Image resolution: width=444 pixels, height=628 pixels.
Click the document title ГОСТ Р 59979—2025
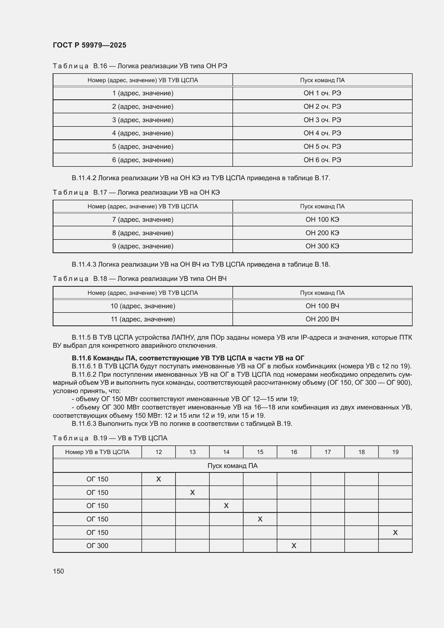click(x=89, y=45)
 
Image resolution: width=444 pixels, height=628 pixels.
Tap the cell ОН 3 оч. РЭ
click(x=322, y=120)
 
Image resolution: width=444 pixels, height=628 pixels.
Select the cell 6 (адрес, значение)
click(x=143, y=160)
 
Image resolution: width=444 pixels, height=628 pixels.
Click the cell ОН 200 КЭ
click(x=322, y=233)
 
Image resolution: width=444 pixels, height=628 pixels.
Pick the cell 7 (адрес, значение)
click(x=143, y=220)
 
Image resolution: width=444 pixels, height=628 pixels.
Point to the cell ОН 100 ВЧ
click(x=322, y=306)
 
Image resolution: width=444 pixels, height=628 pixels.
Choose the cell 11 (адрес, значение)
click(x=143, y=319)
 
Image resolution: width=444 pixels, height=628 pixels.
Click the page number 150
click(x=58, y=571)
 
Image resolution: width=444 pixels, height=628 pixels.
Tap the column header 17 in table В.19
click(x=327, y=452)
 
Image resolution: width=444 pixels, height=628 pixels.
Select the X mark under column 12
click(x=159, y=479)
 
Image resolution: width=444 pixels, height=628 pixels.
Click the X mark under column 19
click(x=395, y=532)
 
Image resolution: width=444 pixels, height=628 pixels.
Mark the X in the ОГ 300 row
click(x=294, y=546)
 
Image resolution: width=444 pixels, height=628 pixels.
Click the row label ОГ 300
click(x=97, y=546)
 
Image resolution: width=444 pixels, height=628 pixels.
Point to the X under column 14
click(x=226, y=506)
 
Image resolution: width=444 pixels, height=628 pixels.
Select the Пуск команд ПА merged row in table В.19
click(x=232, y=466)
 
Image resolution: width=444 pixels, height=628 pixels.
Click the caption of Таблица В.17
click(x=136, y=193)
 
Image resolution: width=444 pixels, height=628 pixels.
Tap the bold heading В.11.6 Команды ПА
click(x=188, y=358)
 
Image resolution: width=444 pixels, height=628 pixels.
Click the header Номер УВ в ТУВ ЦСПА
click(x=97, y=452)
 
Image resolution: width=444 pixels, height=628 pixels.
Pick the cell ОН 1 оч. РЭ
click(x=322, y=93)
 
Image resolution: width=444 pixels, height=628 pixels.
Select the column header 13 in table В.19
click(x=192, y=452)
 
